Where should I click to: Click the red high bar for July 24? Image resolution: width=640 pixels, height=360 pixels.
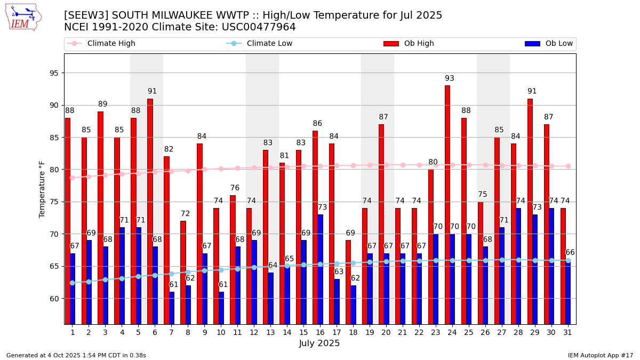447,205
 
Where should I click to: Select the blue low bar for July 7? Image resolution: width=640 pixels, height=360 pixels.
172,308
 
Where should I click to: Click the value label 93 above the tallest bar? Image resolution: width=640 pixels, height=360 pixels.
450,78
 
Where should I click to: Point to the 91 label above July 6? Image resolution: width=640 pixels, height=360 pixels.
153,91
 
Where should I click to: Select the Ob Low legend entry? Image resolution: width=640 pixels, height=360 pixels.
558,44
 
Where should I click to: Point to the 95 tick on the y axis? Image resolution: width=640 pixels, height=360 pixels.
54,73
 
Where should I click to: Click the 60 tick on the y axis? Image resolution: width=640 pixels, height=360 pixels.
54,299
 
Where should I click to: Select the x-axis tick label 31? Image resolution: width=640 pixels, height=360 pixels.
568,332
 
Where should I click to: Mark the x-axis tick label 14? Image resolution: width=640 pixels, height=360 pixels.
287,332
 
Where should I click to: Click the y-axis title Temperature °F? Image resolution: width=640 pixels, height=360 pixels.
42,189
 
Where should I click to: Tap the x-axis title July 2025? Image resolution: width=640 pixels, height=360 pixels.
319,343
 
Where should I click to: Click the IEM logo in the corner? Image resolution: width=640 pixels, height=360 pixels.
23,17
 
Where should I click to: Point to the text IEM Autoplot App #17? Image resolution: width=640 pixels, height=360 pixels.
601,355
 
